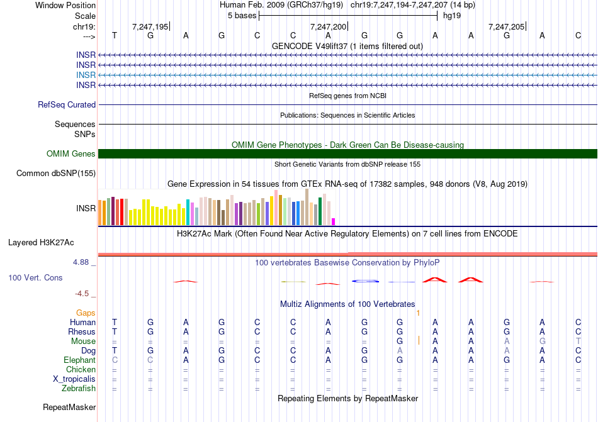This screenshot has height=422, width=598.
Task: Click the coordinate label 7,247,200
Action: pos(328,27)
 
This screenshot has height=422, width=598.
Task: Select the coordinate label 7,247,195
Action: pos(150,27)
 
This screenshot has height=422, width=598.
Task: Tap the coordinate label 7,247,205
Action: pos(506,27)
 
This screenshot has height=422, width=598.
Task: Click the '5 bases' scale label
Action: pos(242,15)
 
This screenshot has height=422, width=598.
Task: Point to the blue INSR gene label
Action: pos(86,75)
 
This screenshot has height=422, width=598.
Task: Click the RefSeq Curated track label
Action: pos(67,105)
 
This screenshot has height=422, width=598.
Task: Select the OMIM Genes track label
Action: pos(71,154)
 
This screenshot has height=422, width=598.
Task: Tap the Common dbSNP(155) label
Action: pos(56,174)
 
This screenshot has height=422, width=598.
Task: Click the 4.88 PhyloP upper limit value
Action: pos(82,262)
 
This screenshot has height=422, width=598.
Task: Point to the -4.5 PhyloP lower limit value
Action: pos(83,293)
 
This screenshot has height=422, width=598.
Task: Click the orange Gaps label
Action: pos(86,313)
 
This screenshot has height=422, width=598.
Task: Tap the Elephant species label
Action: pos(79,360)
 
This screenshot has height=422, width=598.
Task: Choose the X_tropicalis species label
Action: pos(74,379)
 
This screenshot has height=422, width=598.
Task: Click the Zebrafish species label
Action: pos(79,389)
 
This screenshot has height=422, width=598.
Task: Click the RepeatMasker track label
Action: pos(69,408)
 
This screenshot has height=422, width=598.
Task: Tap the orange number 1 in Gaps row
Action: pos(418,313)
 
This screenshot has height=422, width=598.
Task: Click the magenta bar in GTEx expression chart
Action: pos(334,221)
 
